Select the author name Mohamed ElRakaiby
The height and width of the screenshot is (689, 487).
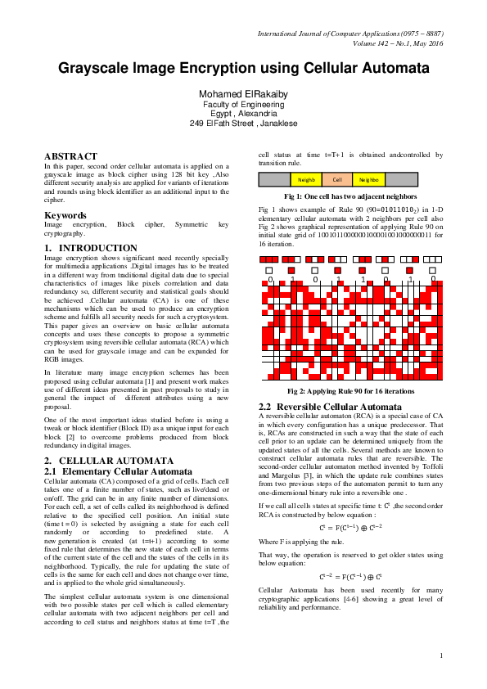point(243,94)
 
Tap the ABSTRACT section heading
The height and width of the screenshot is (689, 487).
point(70,155)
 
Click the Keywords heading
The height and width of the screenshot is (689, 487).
point(65,215)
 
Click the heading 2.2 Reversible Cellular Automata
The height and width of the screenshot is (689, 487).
point(330,406)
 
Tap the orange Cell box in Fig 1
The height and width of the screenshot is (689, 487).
point(337,178)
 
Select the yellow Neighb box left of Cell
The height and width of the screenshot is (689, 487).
point(306,178)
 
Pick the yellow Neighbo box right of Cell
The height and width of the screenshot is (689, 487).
point(368,178)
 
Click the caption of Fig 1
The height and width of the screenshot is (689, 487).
point(349,197)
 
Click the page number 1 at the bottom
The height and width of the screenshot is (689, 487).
point(440,655)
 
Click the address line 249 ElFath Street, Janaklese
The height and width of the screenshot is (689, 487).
point(243,124)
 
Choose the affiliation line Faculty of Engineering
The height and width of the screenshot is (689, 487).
point(243,105)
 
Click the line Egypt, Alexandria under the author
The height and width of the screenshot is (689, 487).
point(243,114)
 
